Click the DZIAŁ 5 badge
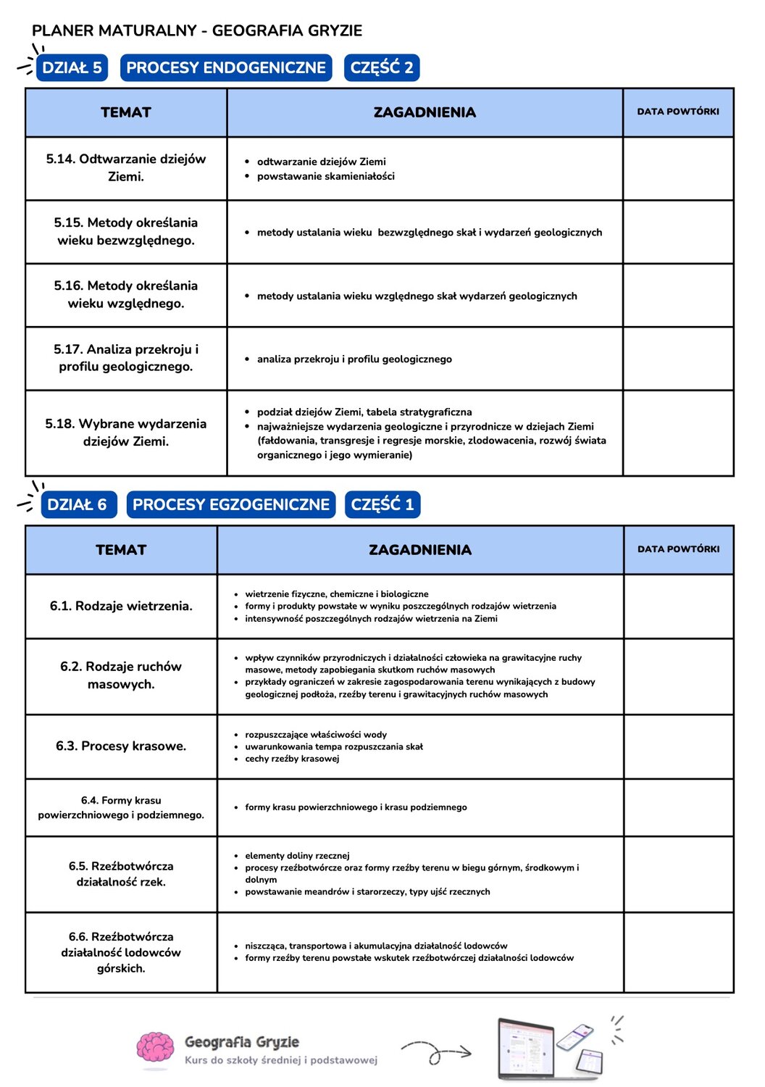coord(72,67)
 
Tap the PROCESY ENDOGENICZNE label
coord(226,67)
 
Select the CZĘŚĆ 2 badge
coord(382,67)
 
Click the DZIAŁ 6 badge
coord(77,504)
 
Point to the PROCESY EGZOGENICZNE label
coord(231,504)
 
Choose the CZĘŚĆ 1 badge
coord(382,504)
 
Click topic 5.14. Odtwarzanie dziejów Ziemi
coord(126,167)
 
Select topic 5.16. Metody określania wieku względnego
coord(126,294)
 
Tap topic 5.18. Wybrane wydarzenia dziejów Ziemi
coord(126,432)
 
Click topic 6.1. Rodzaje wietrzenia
coord(121,606)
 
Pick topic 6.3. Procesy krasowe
coord(121,746)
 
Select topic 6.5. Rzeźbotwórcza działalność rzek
coord(121,874)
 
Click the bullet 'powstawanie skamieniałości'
coord(325,176)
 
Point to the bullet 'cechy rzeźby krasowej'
coord(292,759)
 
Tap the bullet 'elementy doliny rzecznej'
coord(297,856)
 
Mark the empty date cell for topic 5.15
coord(678,232)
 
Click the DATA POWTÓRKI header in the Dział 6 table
coord(678,549)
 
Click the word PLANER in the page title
coord(63,30)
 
